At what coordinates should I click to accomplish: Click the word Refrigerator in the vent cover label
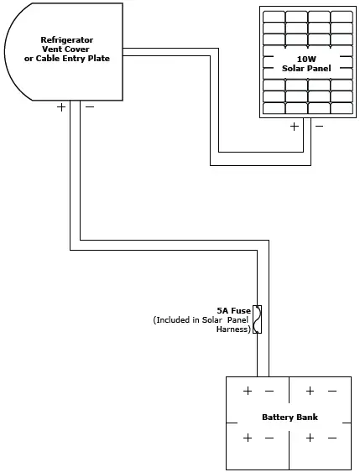point(66,39)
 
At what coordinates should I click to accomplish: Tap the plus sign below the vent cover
point(61,107)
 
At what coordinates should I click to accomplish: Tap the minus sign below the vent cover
point(89,107)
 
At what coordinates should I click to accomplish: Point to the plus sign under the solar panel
point(294,127)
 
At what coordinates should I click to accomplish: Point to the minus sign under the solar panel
point(318,127)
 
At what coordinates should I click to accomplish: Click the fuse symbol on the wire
point(257,319)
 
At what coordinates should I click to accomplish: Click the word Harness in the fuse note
point(232,329)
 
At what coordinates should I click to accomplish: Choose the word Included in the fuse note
point(177,319)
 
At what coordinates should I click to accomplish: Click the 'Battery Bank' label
point(290,417)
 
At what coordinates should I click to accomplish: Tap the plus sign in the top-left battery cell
point(248,392)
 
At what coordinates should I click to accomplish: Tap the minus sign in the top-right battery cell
point(332,392)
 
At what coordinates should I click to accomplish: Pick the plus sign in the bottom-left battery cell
point(248,438)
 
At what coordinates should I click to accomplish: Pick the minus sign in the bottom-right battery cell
point(332,438)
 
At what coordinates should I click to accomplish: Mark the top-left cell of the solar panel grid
point(273,16)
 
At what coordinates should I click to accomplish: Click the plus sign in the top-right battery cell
point(310,392)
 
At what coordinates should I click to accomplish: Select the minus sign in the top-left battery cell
point(269,392)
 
